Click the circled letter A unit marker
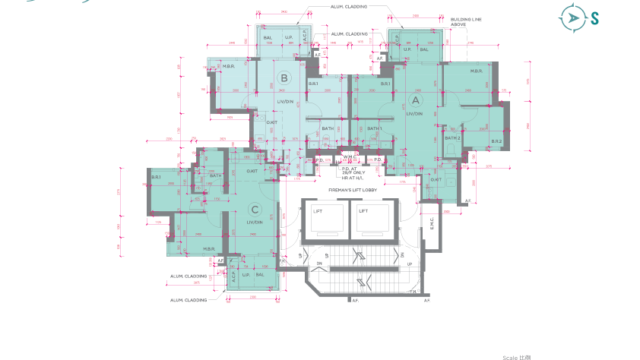coord(415,100)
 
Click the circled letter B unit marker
coord(284,79)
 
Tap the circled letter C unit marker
coord(256,208)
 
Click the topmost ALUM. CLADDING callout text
coord(348,7)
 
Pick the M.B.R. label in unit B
coord(228,68)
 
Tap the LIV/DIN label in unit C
coord(253,221)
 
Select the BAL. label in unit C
coord(259,274)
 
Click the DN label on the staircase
coord(320,263)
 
